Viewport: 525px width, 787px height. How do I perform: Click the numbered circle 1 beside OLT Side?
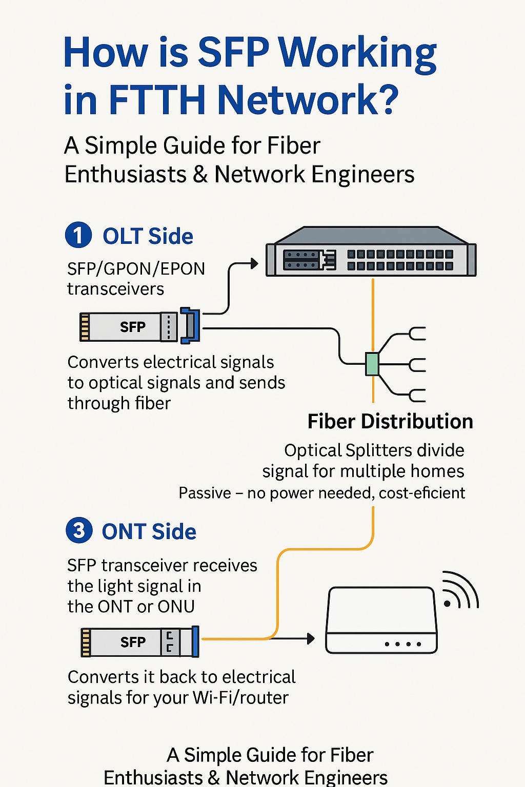pyautogui.click(x=78, y=235)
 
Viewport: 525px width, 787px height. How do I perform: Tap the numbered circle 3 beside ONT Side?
pyautogui.click(x=79, y=530)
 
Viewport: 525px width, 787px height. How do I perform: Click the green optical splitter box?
pyautogui.click(x=372, y=364)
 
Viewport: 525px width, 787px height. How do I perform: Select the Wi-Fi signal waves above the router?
pyautogui.click(x=461, y=590)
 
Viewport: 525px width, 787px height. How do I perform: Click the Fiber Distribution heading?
pyautogui.click(x=390, y=422)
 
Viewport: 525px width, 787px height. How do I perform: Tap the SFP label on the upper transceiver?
pyautogui.click(x=132, y=327)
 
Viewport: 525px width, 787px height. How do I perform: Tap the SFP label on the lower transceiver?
pyautogui.click(x=133, y=642)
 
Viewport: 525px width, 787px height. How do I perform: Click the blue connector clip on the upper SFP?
pyautogui.click(x=190, y=325)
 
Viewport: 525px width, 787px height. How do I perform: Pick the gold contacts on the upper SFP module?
pyautogui.click(x=85, y=327)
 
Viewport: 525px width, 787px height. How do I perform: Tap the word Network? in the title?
pyautogui.click(x=308, y=100)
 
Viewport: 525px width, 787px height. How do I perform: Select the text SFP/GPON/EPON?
pyautogui.click(x=136, y=268)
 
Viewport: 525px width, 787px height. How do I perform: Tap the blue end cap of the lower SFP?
pyautogui.click(x=195, y=641)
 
